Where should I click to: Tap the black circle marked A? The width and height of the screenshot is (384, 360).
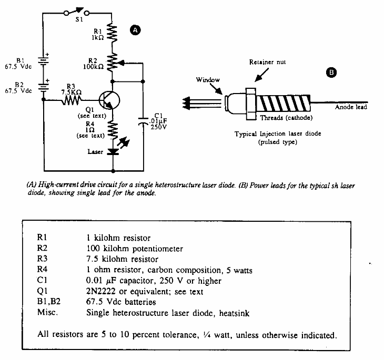(x=134, y=30)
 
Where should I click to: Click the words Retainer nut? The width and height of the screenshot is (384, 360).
(x=267, y=63)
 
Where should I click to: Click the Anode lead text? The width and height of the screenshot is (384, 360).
(x=351, y=108)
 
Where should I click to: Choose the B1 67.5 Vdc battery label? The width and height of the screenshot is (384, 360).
(x=18, y=63)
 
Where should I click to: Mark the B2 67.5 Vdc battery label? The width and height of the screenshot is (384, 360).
(x=18, y=87)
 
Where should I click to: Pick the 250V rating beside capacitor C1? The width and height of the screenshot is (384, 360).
(x=158, y=127)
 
